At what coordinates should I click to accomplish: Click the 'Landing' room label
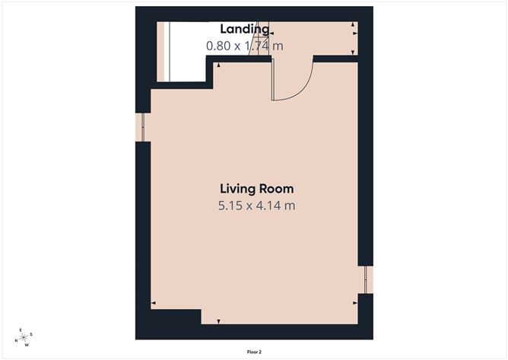tap(245, 29)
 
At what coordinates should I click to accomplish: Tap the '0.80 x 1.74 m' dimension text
tap(245, 46)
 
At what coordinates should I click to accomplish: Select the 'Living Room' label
tap(257, 189)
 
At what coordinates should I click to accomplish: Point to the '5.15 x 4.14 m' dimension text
tap(257, 205)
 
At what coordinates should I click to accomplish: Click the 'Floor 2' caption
tap(254, 352)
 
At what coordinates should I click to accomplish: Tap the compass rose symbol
tap(24, 338)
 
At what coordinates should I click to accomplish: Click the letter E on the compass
tap(21, 330)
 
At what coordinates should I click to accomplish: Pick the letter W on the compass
tap(27, 345)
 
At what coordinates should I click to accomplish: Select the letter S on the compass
tap(31, 334)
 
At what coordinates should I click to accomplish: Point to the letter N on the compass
tap(16, 340)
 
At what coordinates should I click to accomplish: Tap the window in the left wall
tap(143, 127)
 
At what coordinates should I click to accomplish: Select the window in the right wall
tap(366, 279)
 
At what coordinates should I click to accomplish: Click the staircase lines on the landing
tap(259, 38)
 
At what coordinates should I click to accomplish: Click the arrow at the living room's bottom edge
tap(219, 321)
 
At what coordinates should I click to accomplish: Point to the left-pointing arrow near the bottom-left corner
tap(154, 303)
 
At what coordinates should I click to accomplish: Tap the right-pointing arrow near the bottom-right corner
tap(355, 303)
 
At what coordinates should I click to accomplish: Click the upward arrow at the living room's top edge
tap(219, 65)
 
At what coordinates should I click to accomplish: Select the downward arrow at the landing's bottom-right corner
tap(353, 53)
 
